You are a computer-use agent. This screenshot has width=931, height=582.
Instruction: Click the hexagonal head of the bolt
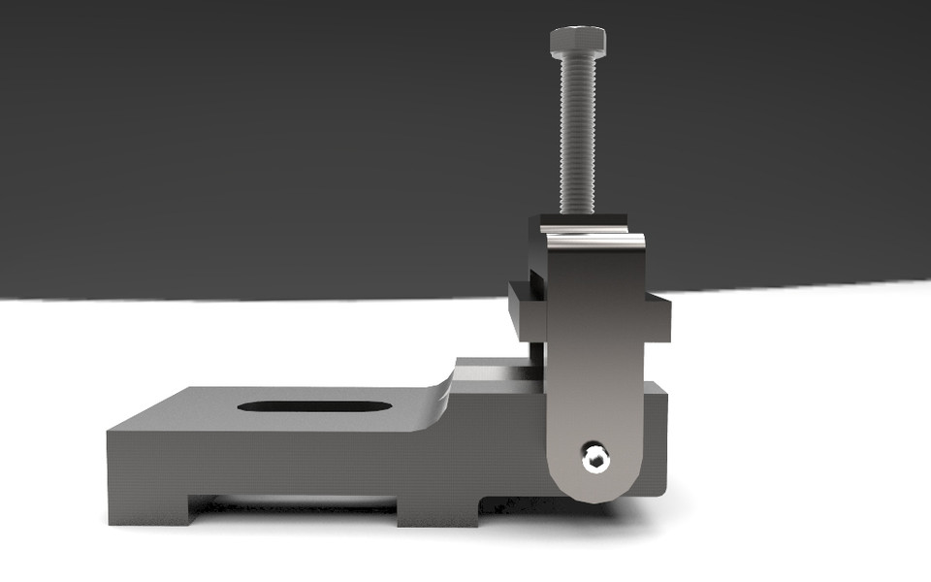pos(578,42)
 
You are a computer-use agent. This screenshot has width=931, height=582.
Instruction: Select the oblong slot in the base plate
pos(314,405)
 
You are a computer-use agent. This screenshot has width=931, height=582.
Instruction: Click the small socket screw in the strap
pos(595,457)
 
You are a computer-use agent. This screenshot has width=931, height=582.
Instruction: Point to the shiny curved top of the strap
pos(594,238)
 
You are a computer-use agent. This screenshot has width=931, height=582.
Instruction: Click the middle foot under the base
pos(436,510)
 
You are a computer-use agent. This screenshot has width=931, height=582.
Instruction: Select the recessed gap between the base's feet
pos(291,503)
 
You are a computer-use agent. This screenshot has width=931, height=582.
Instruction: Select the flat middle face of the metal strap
pos(594,359)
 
